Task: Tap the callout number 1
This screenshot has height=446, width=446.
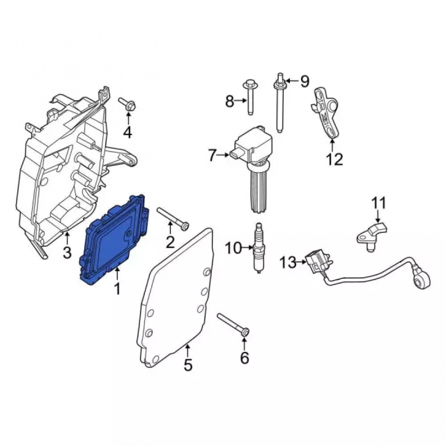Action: click(x=117, y=289)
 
